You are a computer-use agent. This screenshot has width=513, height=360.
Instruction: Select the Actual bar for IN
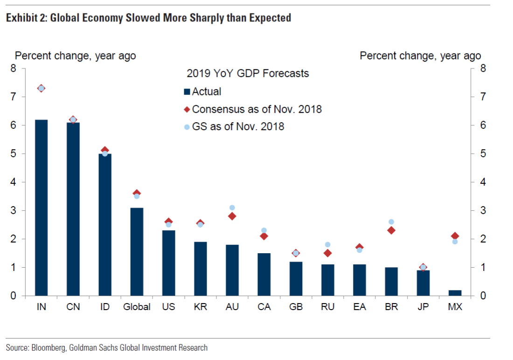point(41,208)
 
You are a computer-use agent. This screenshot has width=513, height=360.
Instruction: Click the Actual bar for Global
point(137,252)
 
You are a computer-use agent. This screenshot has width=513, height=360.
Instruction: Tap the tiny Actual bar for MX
point(455,293)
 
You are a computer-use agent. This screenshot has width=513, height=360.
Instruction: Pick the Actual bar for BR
point(391,282)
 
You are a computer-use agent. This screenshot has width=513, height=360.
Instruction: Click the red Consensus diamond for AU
point(232,216)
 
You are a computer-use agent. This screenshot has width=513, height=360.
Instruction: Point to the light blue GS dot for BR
point(391,222)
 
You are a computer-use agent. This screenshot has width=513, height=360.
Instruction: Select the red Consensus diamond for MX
point(455,236)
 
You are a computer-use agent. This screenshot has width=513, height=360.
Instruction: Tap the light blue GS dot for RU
point(327,244)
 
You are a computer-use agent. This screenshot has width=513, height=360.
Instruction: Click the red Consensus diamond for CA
point(264,236)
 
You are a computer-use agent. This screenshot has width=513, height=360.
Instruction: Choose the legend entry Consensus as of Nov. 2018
point(256,109)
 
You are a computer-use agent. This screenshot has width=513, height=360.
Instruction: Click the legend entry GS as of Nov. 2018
point(238,126)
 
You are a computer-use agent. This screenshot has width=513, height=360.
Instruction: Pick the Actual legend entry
point(206,92)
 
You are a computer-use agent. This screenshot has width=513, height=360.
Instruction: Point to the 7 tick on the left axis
point(14,97)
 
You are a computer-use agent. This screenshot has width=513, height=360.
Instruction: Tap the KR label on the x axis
point(200,307)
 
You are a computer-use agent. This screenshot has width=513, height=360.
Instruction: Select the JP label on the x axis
point(423,307)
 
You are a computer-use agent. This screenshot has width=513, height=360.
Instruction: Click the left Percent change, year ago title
point(76,56)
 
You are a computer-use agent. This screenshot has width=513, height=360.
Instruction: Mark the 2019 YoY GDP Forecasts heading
point(248,74)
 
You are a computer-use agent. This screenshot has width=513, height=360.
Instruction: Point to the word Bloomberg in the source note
point(49,347)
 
